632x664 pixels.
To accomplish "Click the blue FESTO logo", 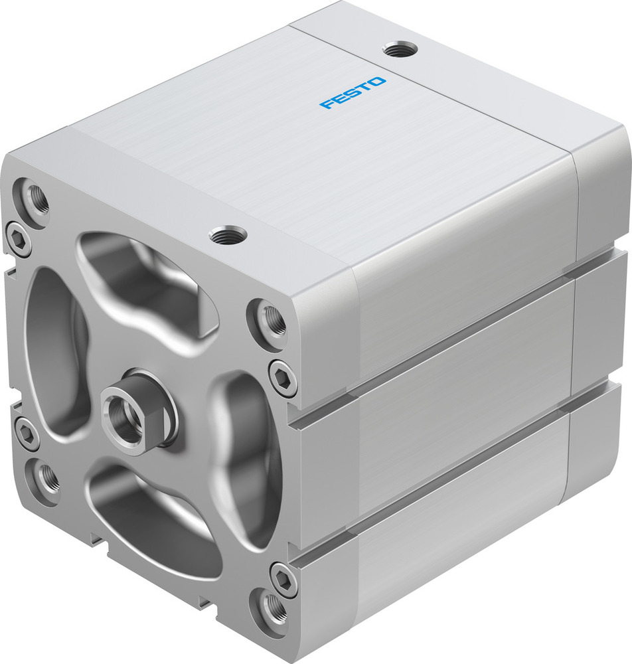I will pos(353,93).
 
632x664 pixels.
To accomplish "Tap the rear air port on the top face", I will pos(400,49).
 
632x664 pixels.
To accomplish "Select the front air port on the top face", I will pos(227,234).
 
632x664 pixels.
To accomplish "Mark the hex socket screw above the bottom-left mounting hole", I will pos(27,434).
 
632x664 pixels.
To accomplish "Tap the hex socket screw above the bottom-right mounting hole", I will pos(282,578).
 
